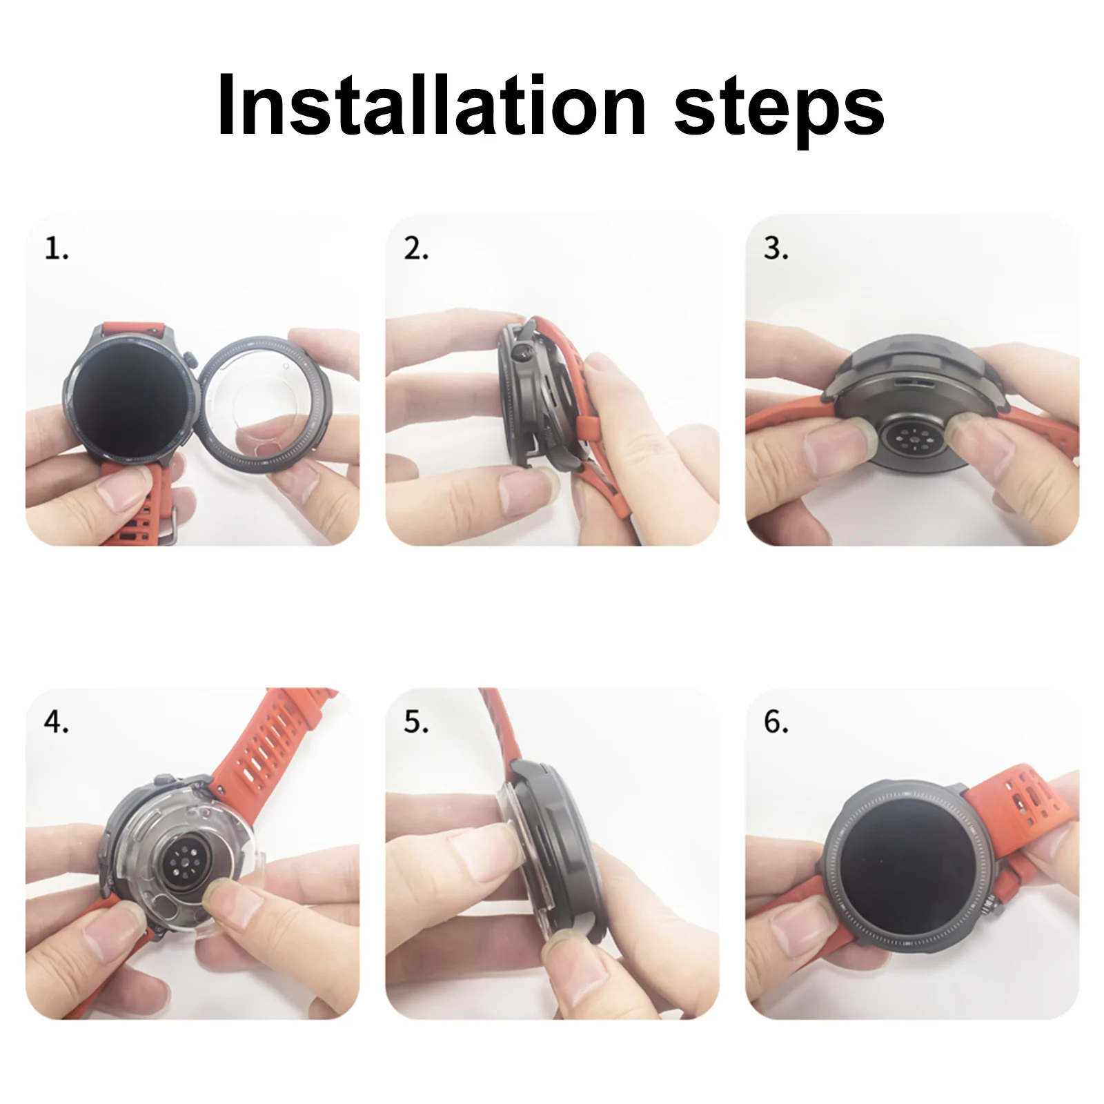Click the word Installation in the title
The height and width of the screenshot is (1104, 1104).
pyautogui.click(x=432, y=105)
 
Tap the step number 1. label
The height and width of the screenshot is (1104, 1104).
pyautogui.click(x=57, y=248)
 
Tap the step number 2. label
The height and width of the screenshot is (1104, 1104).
pyautogui.click(x=416, y=248)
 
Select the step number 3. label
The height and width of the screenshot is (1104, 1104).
pyautogui.click(x=776, y=248)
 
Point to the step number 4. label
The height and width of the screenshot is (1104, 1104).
pyautogui.click(x=57, y=722)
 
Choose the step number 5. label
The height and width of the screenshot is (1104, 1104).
pyautogui.click(x=416, y=722)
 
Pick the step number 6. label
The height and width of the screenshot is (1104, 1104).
pyautogui.click(x=776, y=722)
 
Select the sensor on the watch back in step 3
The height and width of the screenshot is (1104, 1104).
pyautogui.click(x=915, y=439)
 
